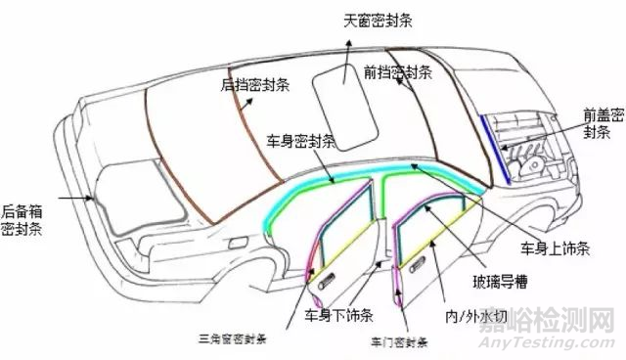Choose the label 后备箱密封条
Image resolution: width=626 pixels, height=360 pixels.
tap(22, 221)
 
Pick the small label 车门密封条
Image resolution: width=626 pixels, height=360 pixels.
tap(399, 344)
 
